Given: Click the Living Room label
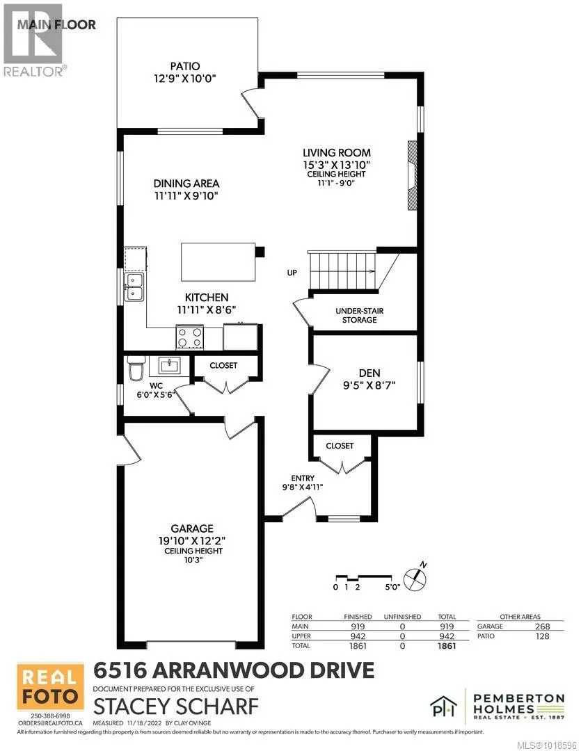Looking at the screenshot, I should point(336,153).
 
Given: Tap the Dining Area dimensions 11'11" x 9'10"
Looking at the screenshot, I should point(186,195).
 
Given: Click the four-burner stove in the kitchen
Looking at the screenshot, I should point(190,338).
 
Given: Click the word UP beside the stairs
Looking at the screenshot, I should point(291,273).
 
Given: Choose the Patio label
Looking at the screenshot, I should point(186,67).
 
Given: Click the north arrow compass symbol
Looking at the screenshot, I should point(416,575).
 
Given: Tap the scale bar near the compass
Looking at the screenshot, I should point(361,577).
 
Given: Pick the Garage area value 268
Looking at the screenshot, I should point(543,627).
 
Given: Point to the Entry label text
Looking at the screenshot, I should point(303,478).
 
